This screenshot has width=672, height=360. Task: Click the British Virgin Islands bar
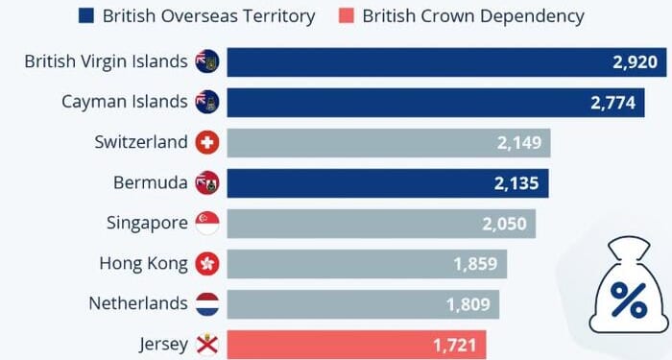click(432, 61)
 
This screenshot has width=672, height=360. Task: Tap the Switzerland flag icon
click(206, 143)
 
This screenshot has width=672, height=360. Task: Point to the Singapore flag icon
click(206, 223)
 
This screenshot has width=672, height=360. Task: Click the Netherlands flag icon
click(206, 303)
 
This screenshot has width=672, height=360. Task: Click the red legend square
click(343, 16)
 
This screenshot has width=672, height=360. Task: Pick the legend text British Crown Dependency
click(472, 16)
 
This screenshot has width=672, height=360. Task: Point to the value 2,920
click(633, 61)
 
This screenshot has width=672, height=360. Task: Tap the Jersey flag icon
click(206, 344)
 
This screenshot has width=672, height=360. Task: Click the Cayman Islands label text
click(124, 102)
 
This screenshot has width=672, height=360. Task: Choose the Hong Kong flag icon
click(206, 263)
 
